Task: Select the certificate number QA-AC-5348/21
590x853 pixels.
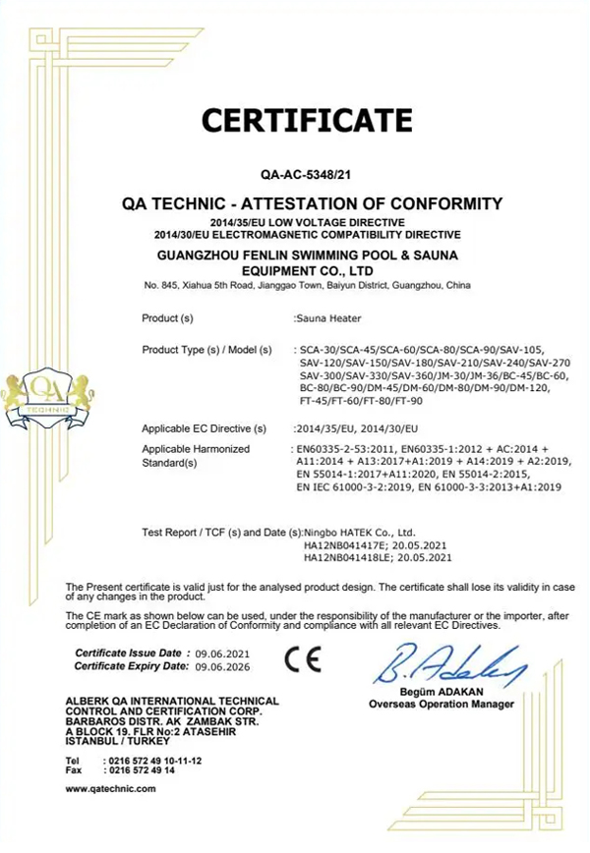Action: (306, 174)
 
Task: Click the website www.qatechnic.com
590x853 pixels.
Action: (110, 788)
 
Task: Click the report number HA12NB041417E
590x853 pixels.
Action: (342, 544)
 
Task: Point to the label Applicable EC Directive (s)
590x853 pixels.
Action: (204, 428)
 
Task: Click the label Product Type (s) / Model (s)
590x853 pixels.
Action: (209, 349)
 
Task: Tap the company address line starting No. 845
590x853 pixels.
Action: (306, 285)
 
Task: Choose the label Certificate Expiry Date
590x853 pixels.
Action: (133, 666)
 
